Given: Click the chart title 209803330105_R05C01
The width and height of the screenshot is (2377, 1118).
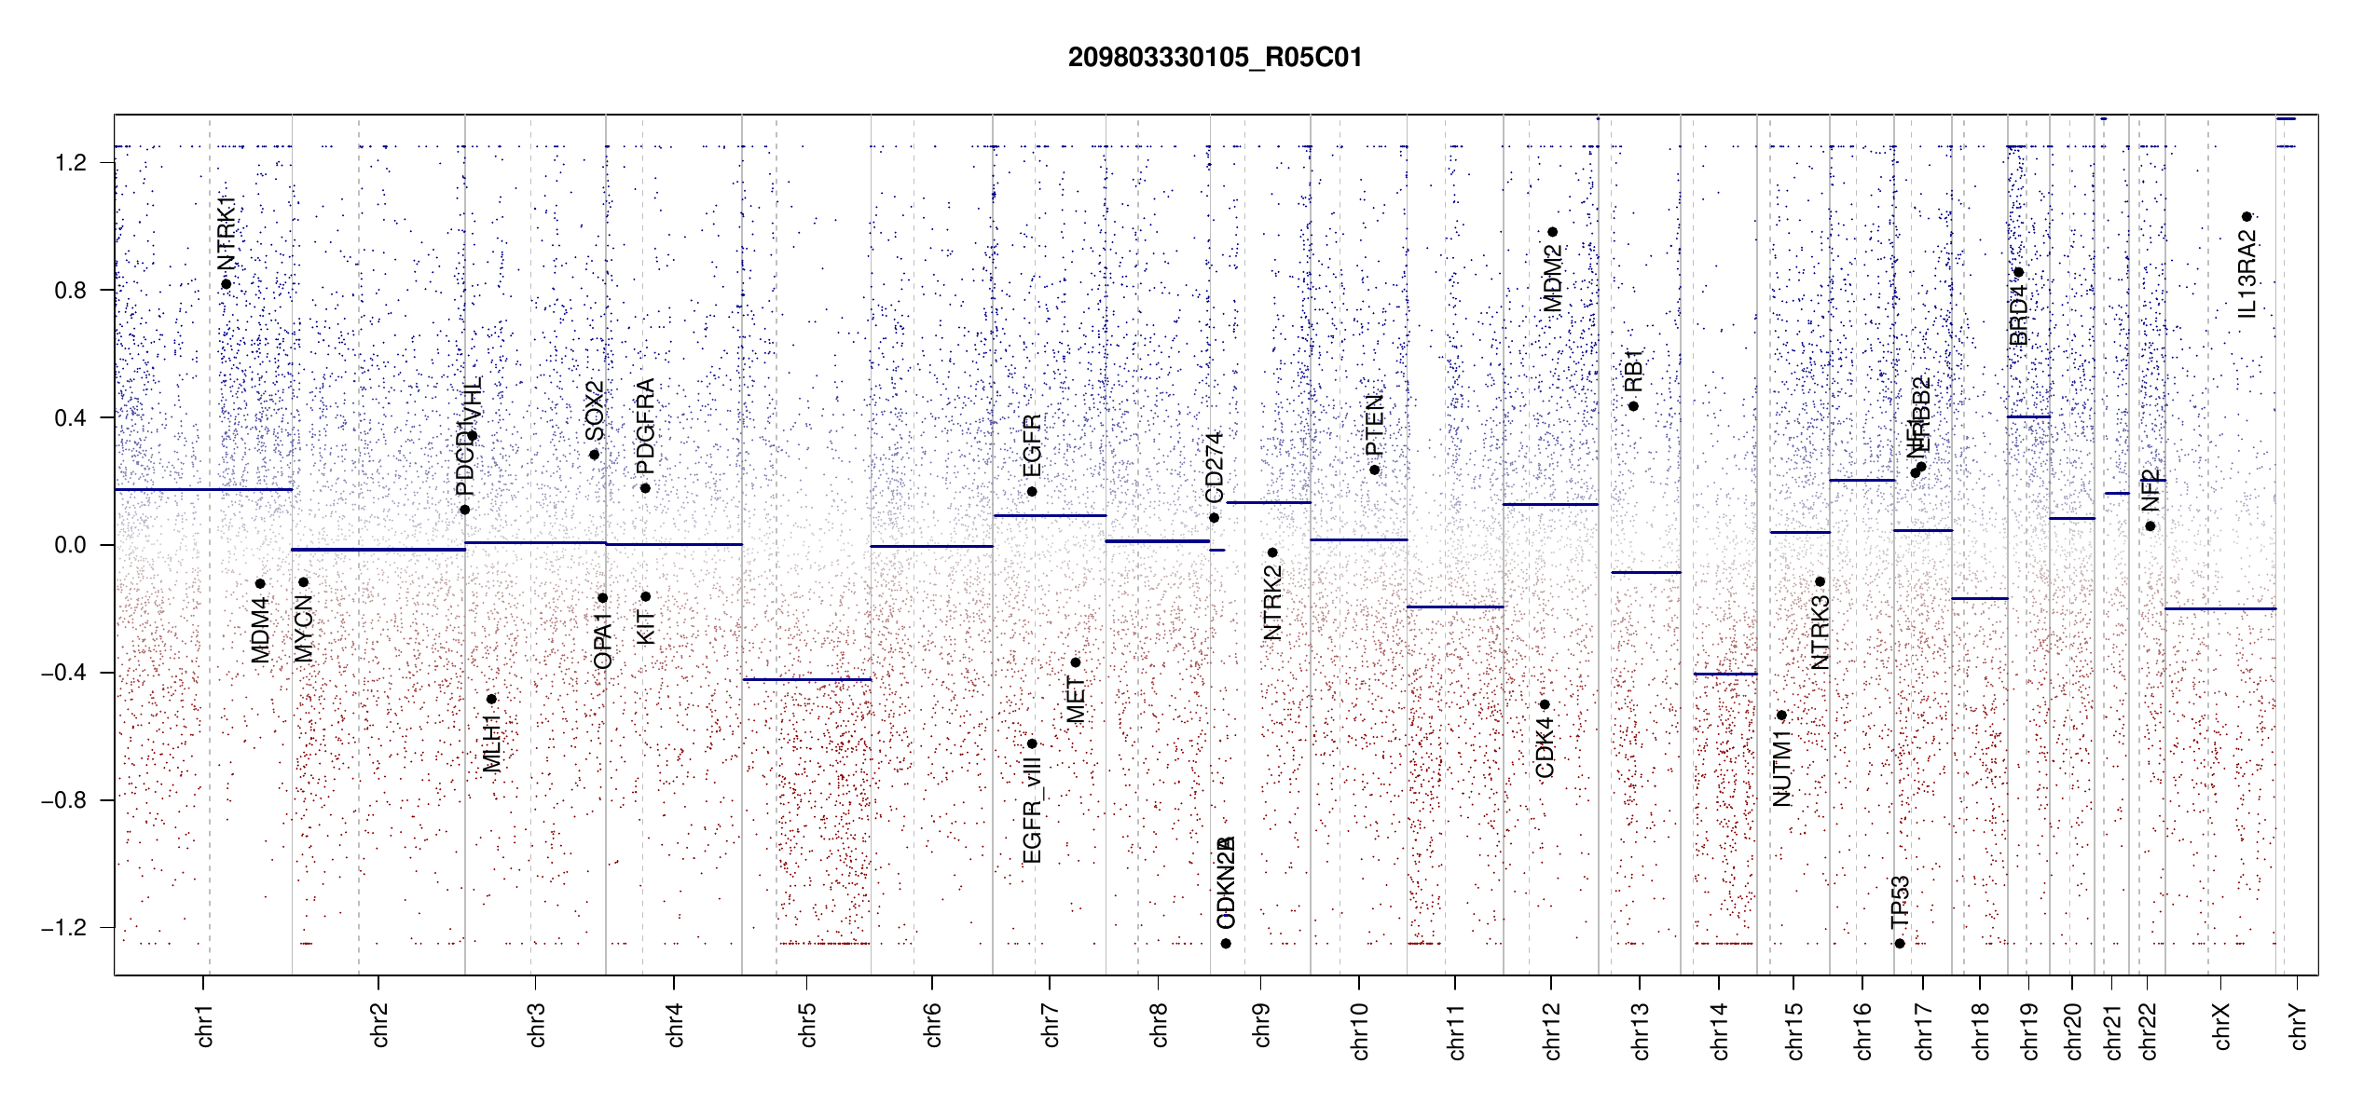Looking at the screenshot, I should click(x=1215, y=58).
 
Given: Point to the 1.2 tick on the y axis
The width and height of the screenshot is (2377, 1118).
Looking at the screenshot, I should click(x=71, y=163).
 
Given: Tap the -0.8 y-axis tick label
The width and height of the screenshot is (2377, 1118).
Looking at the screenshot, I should click(x=64, y=800).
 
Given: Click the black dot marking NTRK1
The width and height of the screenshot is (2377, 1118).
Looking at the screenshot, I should click(x=226, y=284).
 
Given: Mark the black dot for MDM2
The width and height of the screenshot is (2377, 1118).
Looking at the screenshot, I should click(x=1553, y=232).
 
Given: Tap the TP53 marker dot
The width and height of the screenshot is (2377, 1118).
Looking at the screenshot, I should click(x=1900, y=944).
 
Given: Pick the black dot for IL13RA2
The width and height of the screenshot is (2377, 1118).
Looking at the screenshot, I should click(x=2246, y=217).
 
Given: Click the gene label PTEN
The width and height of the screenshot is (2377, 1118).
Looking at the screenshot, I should click(x=1375, y=426).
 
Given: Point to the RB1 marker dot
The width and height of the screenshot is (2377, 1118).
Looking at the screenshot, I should click(x=1633, y=406).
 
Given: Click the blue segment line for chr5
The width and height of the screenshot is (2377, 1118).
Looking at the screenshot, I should click(x=807, y=680).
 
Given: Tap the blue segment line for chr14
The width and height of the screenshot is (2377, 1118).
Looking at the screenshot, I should click(x=1725, y=674).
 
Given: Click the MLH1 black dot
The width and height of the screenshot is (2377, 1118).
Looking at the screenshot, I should click(x=491, y=699).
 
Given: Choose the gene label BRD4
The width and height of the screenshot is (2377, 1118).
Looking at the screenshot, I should click(x=2018, y=315).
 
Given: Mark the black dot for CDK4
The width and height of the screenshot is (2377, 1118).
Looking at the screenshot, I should click(x=1545, y=704).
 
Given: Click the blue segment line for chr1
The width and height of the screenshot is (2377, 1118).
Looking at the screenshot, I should click(x=203, y=489).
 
